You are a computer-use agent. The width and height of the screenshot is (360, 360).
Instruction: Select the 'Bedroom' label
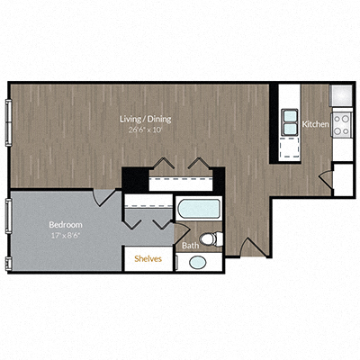pos(65,223)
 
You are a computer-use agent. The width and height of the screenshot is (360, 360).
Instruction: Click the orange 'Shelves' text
pos(148,257)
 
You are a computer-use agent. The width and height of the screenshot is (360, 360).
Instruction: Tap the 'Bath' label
pos(191,245)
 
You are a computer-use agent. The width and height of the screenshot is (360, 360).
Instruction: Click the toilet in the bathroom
pos(211,238)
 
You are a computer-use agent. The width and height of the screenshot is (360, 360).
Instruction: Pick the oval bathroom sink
pos(196,262)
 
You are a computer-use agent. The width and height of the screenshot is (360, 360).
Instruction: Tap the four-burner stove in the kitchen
pos(342,122)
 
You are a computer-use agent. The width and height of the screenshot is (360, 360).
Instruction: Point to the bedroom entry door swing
pos(106,196)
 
